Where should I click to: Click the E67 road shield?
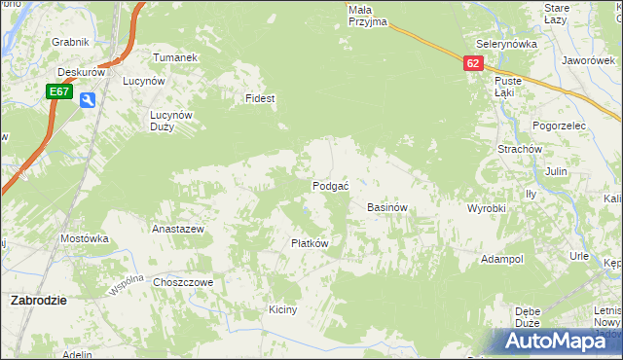point(59,91)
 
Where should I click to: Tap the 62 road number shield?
point(473,62)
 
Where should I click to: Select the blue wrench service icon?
point(88,99)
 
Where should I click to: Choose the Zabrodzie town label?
point(38,301)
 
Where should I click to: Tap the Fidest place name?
point(261,99)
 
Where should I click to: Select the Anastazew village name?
point(177,230)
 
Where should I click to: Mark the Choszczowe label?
point(183,282)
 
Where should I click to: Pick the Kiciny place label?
point(282,309)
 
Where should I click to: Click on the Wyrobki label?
point(486,209)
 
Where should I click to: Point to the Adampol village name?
point(502,260)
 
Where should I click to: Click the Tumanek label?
point(175,57)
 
